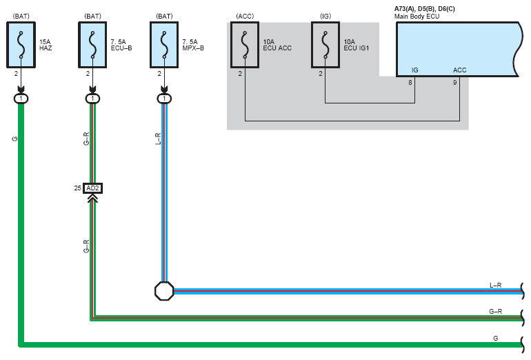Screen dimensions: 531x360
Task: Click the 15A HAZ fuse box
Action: [x=21, y=45]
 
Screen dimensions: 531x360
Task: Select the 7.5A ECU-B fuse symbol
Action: [x=92, y=45]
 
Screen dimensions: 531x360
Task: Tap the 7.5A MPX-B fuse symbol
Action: [x=164, y=45]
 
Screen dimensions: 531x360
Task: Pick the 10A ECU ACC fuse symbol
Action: [x=245, y=45]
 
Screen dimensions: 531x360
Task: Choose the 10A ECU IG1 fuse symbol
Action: [x=325, y=45]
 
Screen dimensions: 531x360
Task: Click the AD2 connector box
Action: [x=93, y=188]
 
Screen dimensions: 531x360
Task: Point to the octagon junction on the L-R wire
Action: [x=164, y=291]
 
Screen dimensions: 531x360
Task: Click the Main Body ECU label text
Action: [x=417, y=17]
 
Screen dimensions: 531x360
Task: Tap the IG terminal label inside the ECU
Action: [x=415, y=70]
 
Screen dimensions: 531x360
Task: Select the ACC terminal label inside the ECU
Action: [x=459, y=70]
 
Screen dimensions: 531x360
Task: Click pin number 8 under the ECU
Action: [x=410, y=82]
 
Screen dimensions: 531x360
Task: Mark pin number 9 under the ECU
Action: [x=455, y=82]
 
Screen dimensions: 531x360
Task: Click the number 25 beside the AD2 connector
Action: [x=77, y=188]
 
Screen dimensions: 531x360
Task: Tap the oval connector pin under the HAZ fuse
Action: [x=21, y=99]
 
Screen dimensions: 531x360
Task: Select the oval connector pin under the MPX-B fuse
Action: [x=164, y=99]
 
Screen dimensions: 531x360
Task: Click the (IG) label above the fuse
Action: [x=325, y=17]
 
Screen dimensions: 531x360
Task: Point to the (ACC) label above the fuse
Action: [x=245, y=17]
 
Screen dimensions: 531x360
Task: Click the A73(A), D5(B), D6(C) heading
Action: [x=425, y=9]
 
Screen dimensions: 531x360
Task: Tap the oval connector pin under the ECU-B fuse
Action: [x=92, y=99]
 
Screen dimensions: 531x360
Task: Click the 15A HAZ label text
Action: [x=46, y=45]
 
